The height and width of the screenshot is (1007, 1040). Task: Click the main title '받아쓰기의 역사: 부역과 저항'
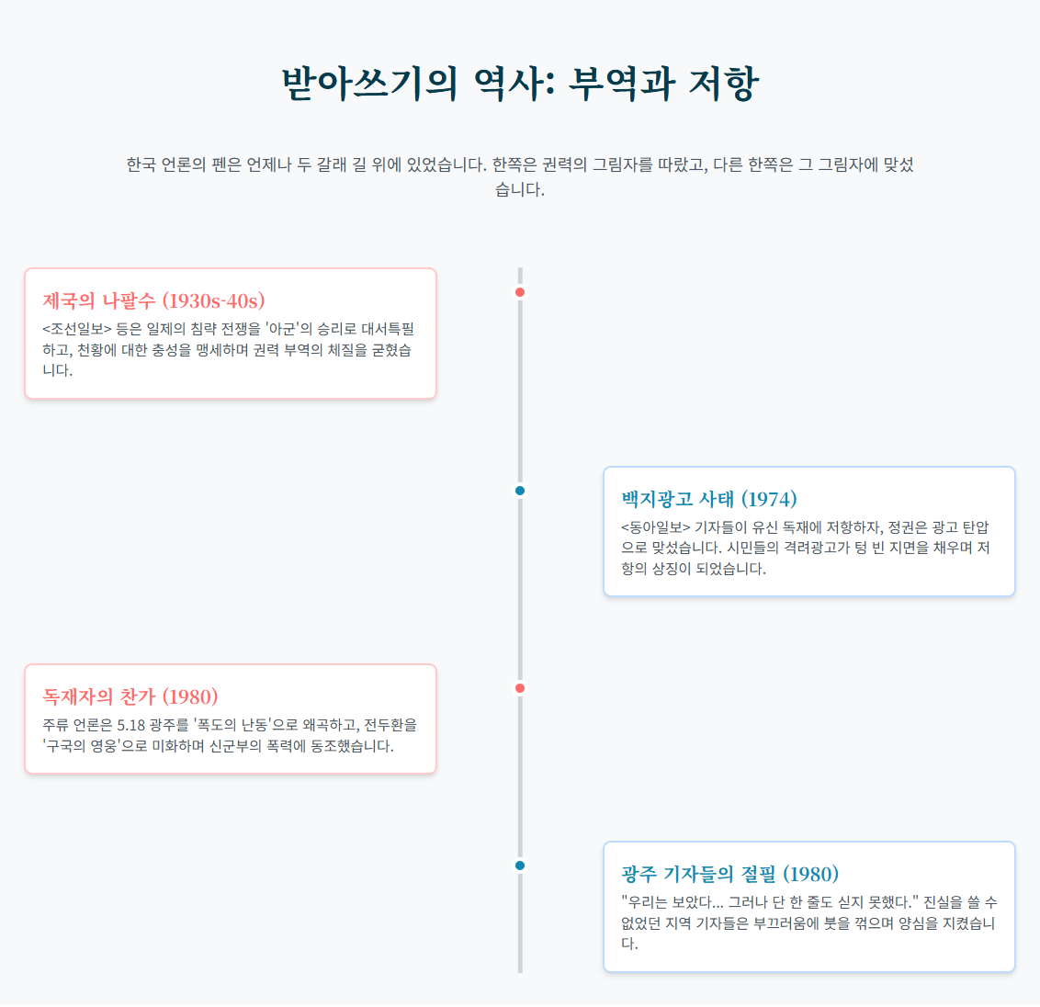[520, 83]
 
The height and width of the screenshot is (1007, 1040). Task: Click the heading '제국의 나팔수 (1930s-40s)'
[153, 300]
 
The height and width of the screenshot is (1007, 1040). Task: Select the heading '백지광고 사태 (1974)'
[708, 499]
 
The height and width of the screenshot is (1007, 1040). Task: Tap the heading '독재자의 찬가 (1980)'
[130, 696]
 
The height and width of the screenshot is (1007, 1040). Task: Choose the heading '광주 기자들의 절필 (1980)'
[729, 874]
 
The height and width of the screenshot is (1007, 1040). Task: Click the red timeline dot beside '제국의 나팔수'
[520, 292]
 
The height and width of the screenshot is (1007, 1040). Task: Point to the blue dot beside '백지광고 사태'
[520, 491]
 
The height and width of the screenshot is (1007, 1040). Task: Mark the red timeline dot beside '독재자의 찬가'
[520, 688]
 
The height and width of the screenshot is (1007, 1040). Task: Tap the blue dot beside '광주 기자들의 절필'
[520, 866]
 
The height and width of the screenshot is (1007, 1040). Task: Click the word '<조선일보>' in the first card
[76, 329]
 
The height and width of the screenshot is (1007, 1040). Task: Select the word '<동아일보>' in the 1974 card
[655, 527]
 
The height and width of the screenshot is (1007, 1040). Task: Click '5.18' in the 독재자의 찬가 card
[134, 725]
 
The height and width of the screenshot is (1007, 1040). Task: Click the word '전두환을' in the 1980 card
[390, 725]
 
